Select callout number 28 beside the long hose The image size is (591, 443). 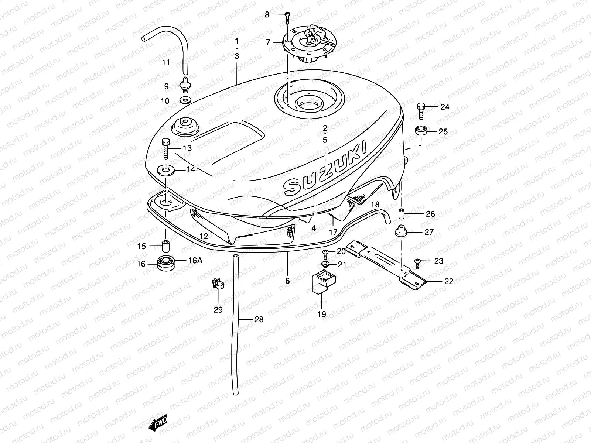click(259, 319)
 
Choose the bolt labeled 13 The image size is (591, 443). click(165, 149)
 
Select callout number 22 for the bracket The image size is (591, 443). click(448, 281)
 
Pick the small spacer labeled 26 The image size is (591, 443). click(402, 214)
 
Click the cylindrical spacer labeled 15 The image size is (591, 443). click(165, 246)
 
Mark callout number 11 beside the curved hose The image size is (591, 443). click(166, 62)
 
